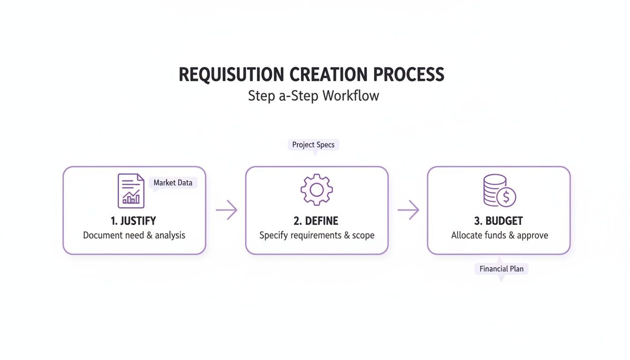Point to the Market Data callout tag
click(173, 183)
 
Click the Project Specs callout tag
click(313, 144)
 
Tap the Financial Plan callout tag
click(501, 269)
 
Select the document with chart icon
click(131, 190)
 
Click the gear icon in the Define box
click(316, 189)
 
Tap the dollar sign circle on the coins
click(506, 197)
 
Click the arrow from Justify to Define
click(226, 210)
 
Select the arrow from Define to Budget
click(408, 210)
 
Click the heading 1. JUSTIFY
click(134, 221)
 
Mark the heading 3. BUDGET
click(498, 221)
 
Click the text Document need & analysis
click(134, 235)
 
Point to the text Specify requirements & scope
click(317, 235)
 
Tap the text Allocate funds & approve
click(499, 235)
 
